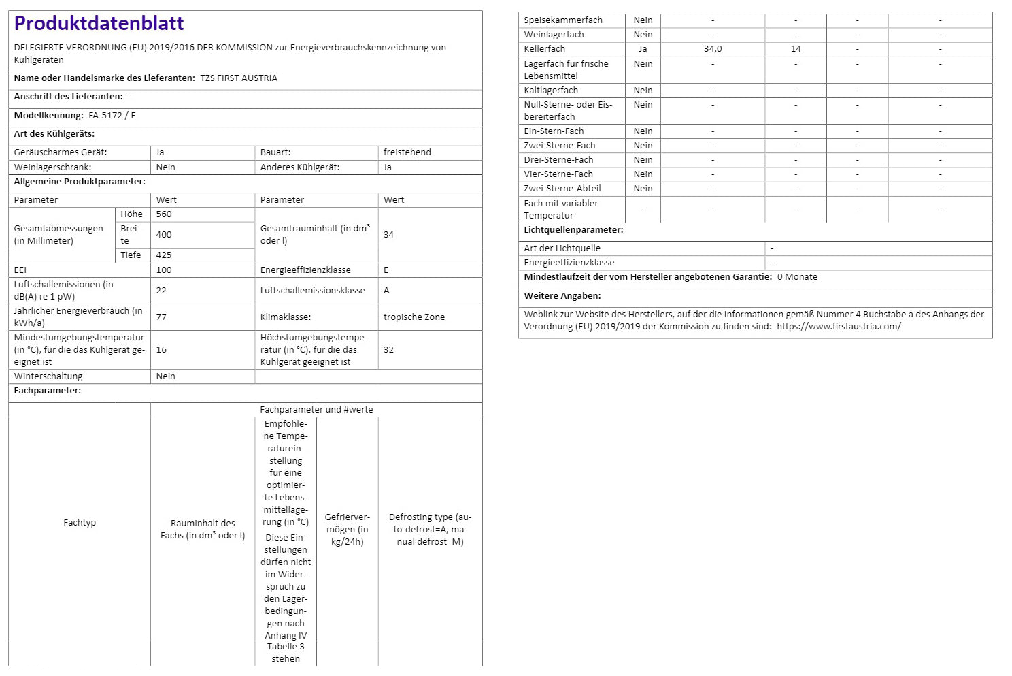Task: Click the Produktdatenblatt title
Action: click(99, 24)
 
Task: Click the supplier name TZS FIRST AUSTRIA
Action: click(239, 78)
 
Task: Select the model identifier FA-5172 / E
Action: click(112, 116)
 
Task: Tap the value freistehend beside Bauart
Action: click(407, 152)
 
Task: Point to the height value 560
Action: click(164, 214)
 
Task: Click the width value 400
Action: click(164, 235)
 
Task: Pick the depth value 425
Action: click(164, 255)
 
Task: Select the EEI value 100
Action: click(164, 270)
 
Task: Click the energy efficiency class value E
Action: click(386, 270)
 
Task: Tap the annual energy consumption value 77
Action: click(161, 317)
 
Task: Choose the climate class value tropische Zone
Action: click(414, 317)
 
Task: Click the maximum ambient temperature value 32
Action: click(388, 350)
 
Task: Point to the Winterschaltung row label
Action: click(48, 376)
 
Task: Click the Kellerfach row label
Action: click(544, 49)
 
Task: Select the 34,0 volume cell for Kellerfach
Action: click(713, 49)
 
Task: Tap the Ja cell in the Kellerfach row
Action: click(643, 49)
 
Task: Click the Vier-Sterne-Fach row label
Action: click(558, 174)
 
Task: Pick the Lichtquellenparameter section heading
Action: click(573, 230)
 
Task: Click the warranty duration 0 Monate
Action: click(797, 277)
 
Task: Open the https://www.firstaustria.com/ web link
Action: click(839, 327)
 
